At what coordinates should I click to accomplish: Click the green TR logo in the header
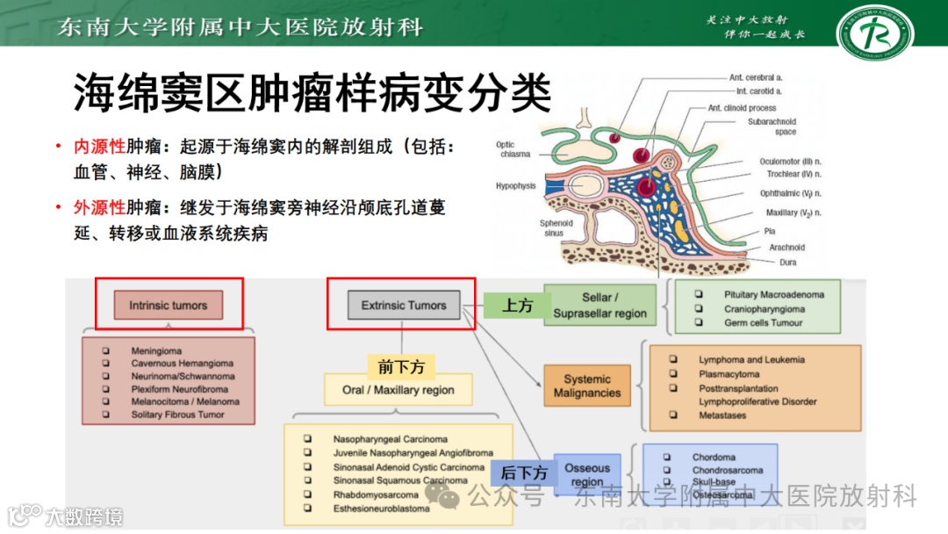(874, 32)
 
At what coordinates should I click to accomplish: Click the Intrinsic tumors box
(169, 306)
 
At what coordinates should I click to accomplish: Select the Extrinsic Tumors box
(404, 305)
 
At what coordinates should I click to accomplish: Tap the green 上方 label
(517, 306)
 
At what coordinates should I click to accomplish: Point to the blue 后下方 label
(524, 473)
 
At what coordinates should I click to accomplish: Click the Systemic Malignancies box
(587, 386)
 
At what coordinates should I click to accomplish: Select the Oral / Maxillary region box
(399, 390)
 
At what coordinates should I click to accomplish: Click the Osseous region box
(587, 475)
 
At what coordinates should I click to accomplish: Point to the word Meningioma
(157, 350)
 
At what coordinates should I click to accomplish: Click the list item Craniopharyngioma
(764, 309)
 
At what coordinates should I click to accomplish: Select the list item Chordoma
(714, 457)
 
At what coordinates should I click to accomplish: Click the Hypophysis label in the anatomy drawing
(515, 186)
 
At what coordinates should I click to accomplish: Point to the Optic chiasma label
(513, 149)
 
